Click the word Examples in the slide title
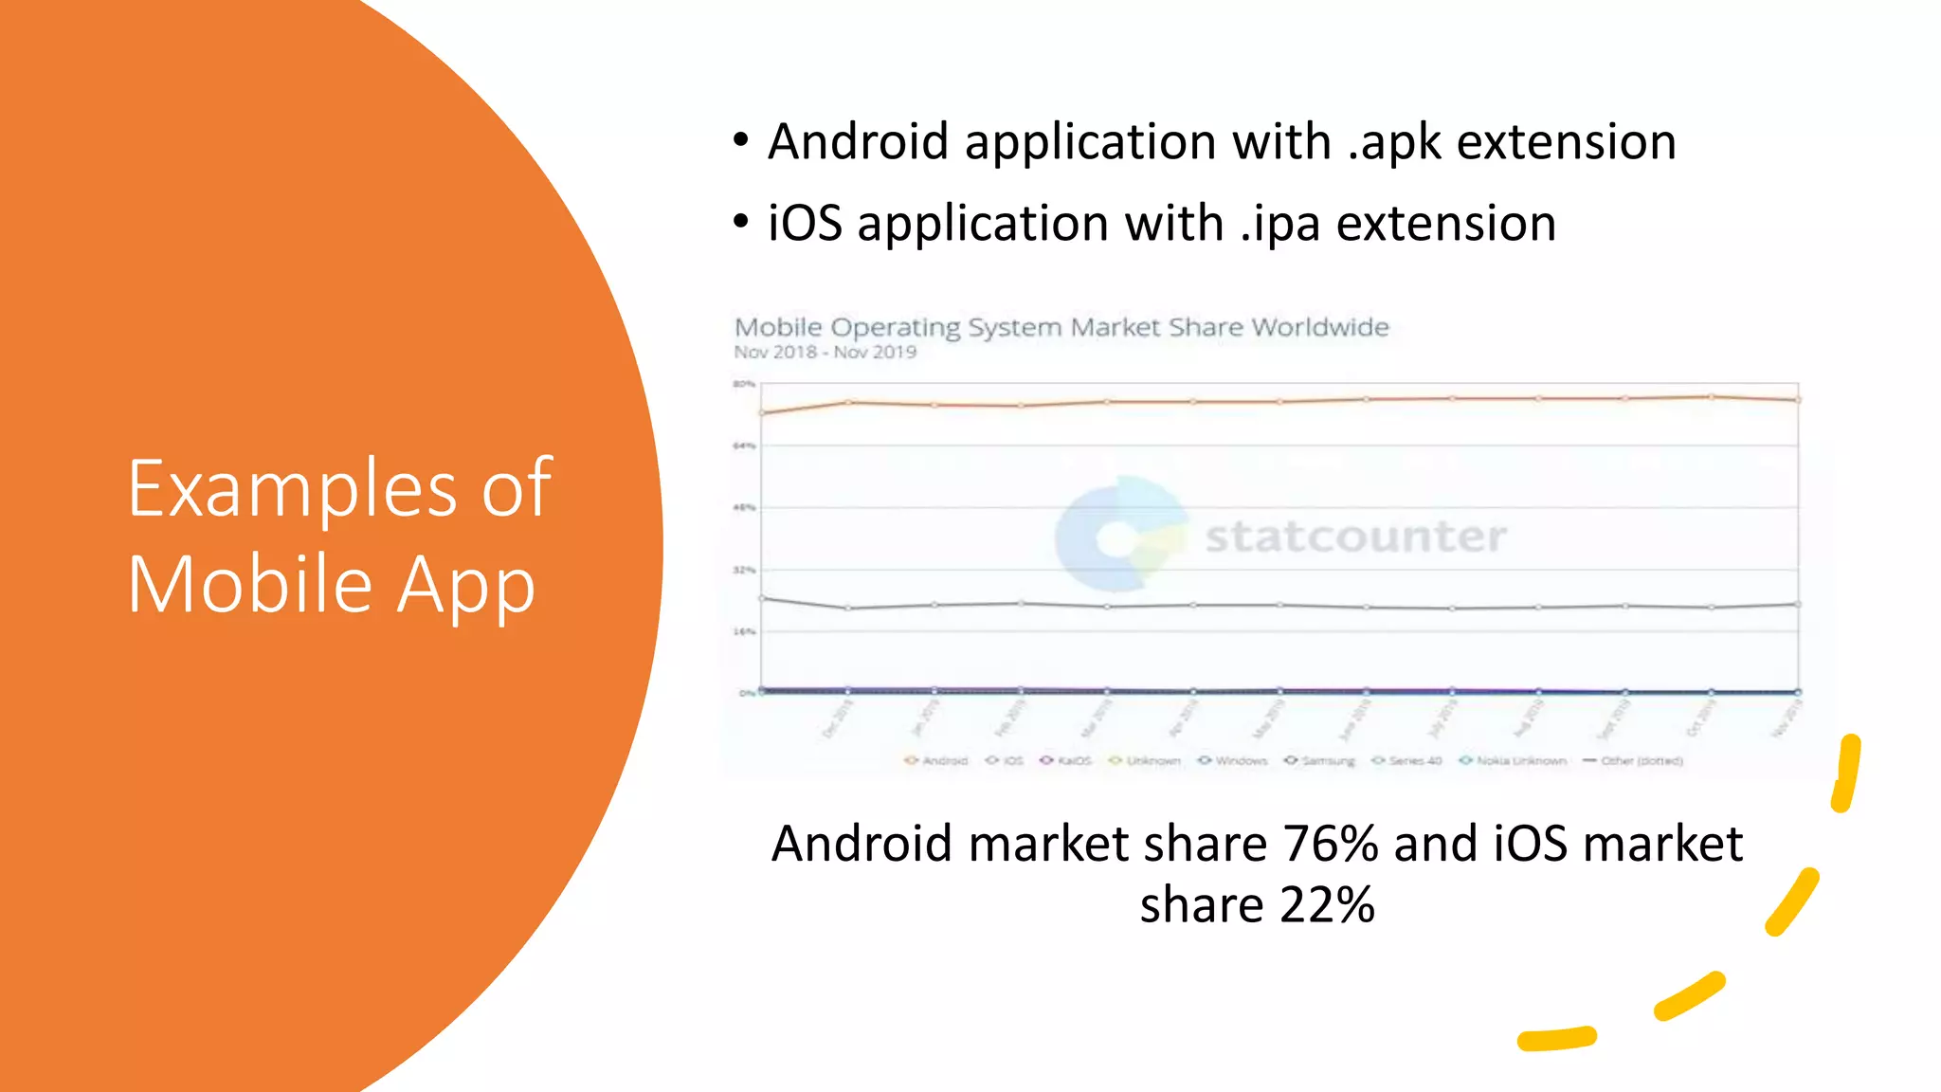click(x=292, y=489)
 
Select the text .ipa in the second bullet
click(x=1279, y=225)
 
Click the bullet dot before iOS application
click(x=741, y=223)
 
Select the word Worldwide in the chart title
click(x=1319, y=327)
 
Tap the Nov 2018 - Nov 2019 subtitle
click(x=825, y=353)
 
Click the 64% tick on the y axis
click(x=744, y=446)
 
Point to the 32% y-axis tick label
click(x=744, y=570)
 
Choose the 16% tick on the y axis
click(x=744, y=631)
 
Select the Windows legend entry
click(x=1233, y=760)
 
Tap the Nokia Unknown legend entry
click(x=1514, y=760)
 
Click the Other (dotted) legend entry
click(x=1633, y=760)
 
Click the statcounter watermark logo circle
click(x=1119, y=536)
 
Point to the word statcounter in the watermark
click(x=1355, y=537)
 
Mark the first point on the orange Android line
click(x=762, y=412)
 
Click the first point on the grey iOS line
click(x=762, y=598)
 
